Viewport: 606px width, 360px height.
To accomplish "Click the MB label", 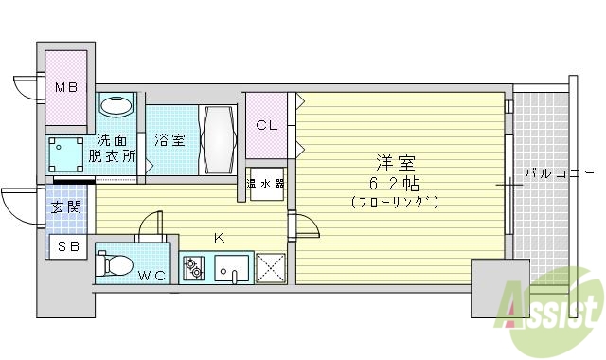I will [64, 89].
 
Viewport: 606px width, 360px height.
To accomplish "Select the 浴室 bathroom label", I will [171, 139].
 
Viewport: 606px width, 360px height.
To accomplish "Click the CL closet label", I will [266, 124].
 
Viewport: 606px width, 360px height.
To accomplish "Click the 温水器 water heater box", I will [266, 183].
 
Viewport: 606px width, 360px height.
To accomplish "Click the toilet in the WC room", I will [116, 263].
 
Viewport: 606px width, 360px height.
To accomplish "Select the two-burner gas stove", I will [194, 268].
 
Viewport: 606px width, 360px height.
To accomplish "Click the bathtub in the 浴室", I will [217, 139].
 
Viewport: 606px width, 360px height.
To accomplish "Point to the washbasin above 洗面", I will [116, 105].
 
